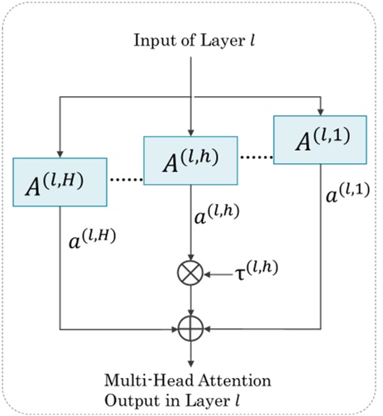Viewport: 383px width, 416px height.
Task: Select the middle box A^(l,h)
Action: coord(191,159)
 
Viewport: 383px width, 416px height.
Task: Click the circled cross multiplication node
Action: coord(192,273)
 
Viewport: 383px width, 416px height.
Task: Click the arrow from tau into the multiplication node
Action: coord(218,273)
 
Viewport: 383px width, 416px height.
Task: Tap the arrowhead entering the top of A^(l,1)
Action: coord(320,114)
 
